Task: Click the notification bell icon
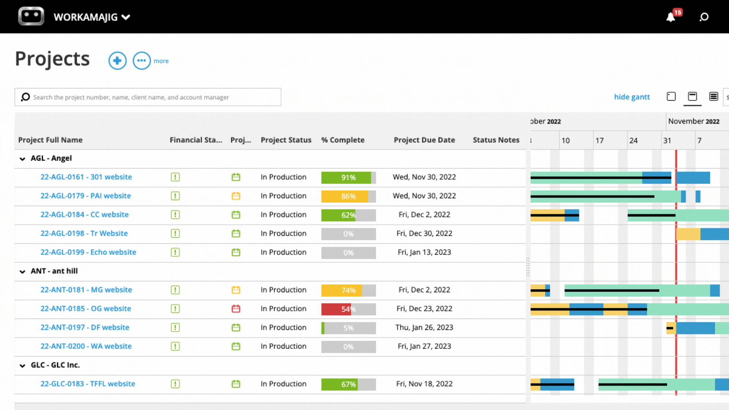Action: pyautogui.click(x=671, y=17)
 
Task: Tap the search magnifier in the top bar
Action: pyautogui.click(x=704, y=17)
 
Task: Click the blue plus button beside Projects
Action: pyautogui.click(x=117, y=61)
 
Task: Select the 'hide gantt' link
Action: pyautogui.click(x=632, y=97)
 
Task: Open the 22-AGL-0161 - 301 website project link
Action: pyautogui.click(x=86, y=177)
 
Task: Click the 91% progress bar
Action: pyautogui.click(x=348, y=177)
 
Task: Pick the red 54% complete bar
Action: pyautogui.click(x=348, y=309)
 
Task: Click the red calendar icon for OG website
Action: pyautogui.click(x=236, y=309)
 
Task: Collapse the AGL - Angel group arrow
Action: pyautogui.click(x=22, y=159)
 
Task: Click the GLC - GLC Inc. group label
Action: pyautogui.click(x=55, y=365)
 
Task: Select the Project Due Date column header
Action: pyautogui.click(x=424, y=140)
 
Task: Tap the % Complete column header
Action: pyautogui.click(x=342, y=140)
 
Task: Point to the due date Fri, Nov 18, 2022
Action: pyautogui.click(x=424, y=384)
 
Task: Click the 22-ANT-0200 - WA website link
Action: pyautogui.click(x=86, y=346)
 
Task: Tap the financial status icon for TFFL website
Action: pyautogui.click(x=175, y=384)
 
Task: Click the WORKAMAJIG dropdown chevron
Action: pyautogui.click(x=126, y=17)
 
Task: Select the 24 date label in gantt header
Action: pyautogui.click(x=633, y=140)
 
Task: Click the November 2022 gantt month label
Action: pyautogui.click(x=694, y=121)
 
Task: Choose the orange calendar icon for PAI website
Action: pyautogui.click(x=236, y=196)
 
